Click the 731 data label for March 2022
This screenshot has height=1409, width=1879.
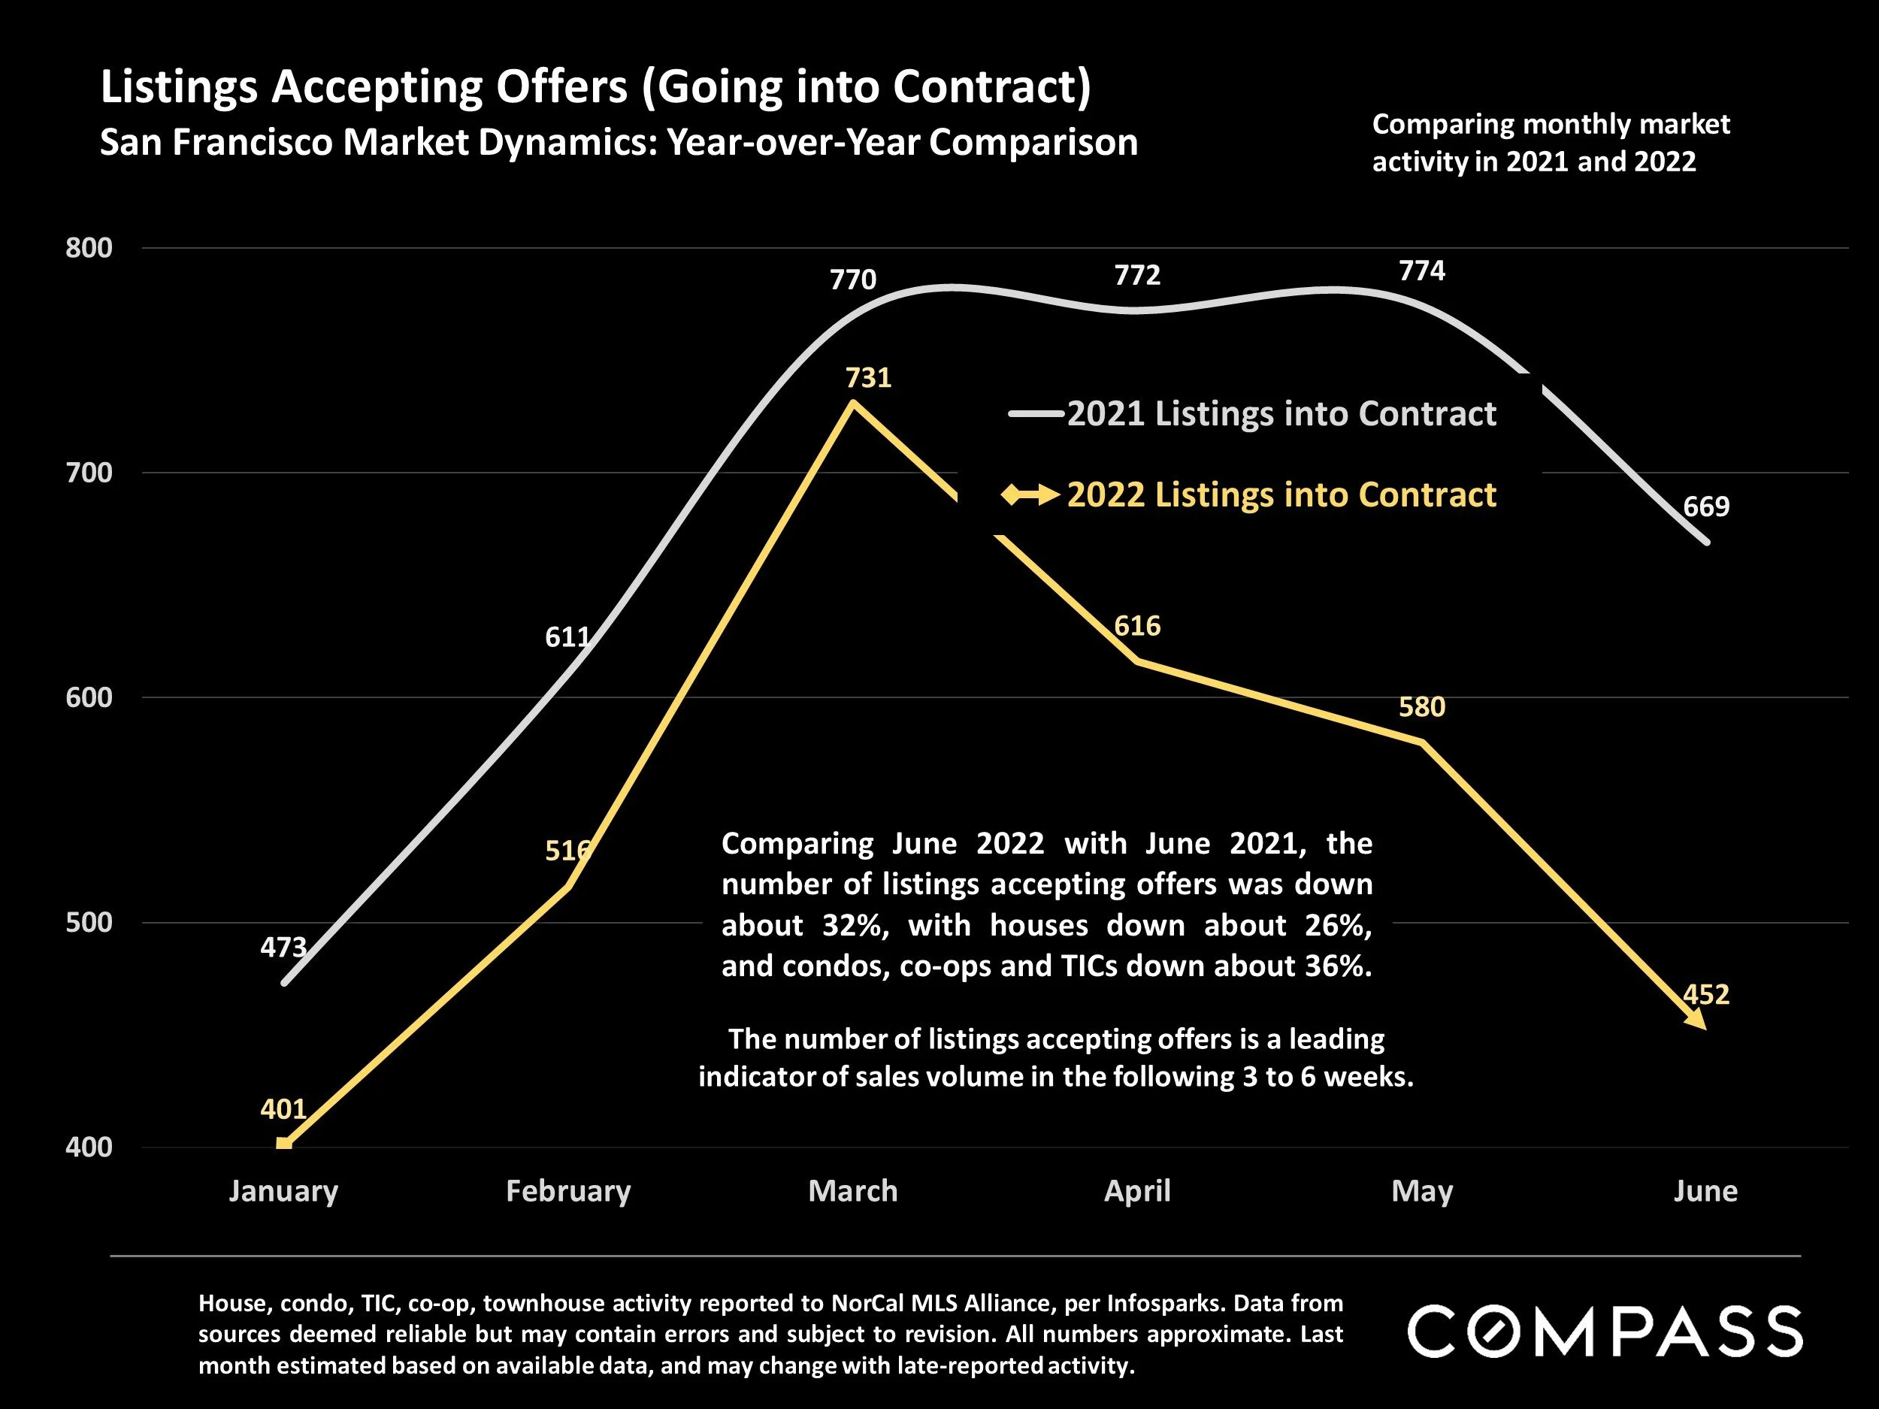click(868, 377)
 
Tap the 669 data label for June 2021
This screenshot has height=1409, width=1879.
click(1705, 506)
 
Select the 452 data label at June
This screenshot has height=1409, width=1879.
click(1705, 993)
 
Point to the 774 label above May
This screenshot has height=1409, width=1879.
click(1421, 271)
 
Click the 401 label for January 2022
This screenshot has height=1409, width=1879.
click(283, 1108)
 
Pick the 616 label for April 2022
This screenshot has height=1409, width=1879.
click(1136, 626)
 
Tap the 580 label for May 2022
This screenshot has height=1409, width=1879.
click(1421, 706)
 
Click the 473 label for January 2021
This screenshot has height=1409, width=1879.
click(283, 947)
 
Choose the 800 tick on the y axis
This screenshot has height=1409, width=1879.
click(89, 248)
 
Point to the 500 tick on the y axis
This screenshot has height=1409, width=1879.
click(89, 922)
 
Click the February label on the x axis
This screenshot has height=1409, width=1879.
click(568, 1191)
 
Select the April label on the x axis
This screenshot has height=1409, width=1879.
click(1136, 1191)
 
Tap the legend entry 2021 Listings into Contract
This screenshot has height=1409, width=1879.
click(1281, 413)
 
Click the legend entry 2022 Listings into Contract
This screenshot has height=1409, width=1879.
click(1281, 494)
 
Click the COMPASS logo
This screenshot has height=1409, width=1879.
click(1605, 1331)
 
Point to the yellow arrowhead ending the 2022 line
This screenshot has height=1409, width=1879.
click(1696, 1019)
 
